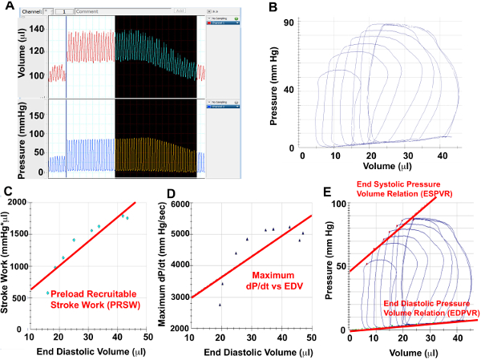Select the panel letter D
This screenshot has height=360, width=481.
(x=169, y=192)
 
